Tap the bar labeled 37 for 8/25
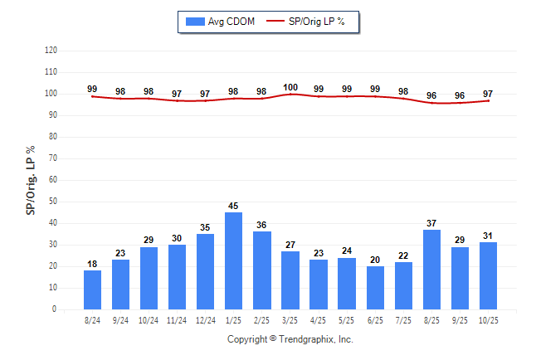(431, 270)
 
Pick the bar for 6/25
(375, 288)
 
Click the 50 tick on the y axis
(53, 202)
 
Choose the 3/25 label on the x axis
(290, 320)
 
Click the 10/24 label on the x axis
(149, 320)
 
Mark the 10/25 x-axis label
(488, 320)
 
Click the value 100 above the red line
(290, 87)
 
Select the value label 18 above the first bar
(92, 265)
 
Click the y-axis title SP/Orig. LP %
(31, 180)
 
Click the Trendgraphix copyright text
(290, 339)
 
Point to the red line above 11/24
(177, 100)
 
